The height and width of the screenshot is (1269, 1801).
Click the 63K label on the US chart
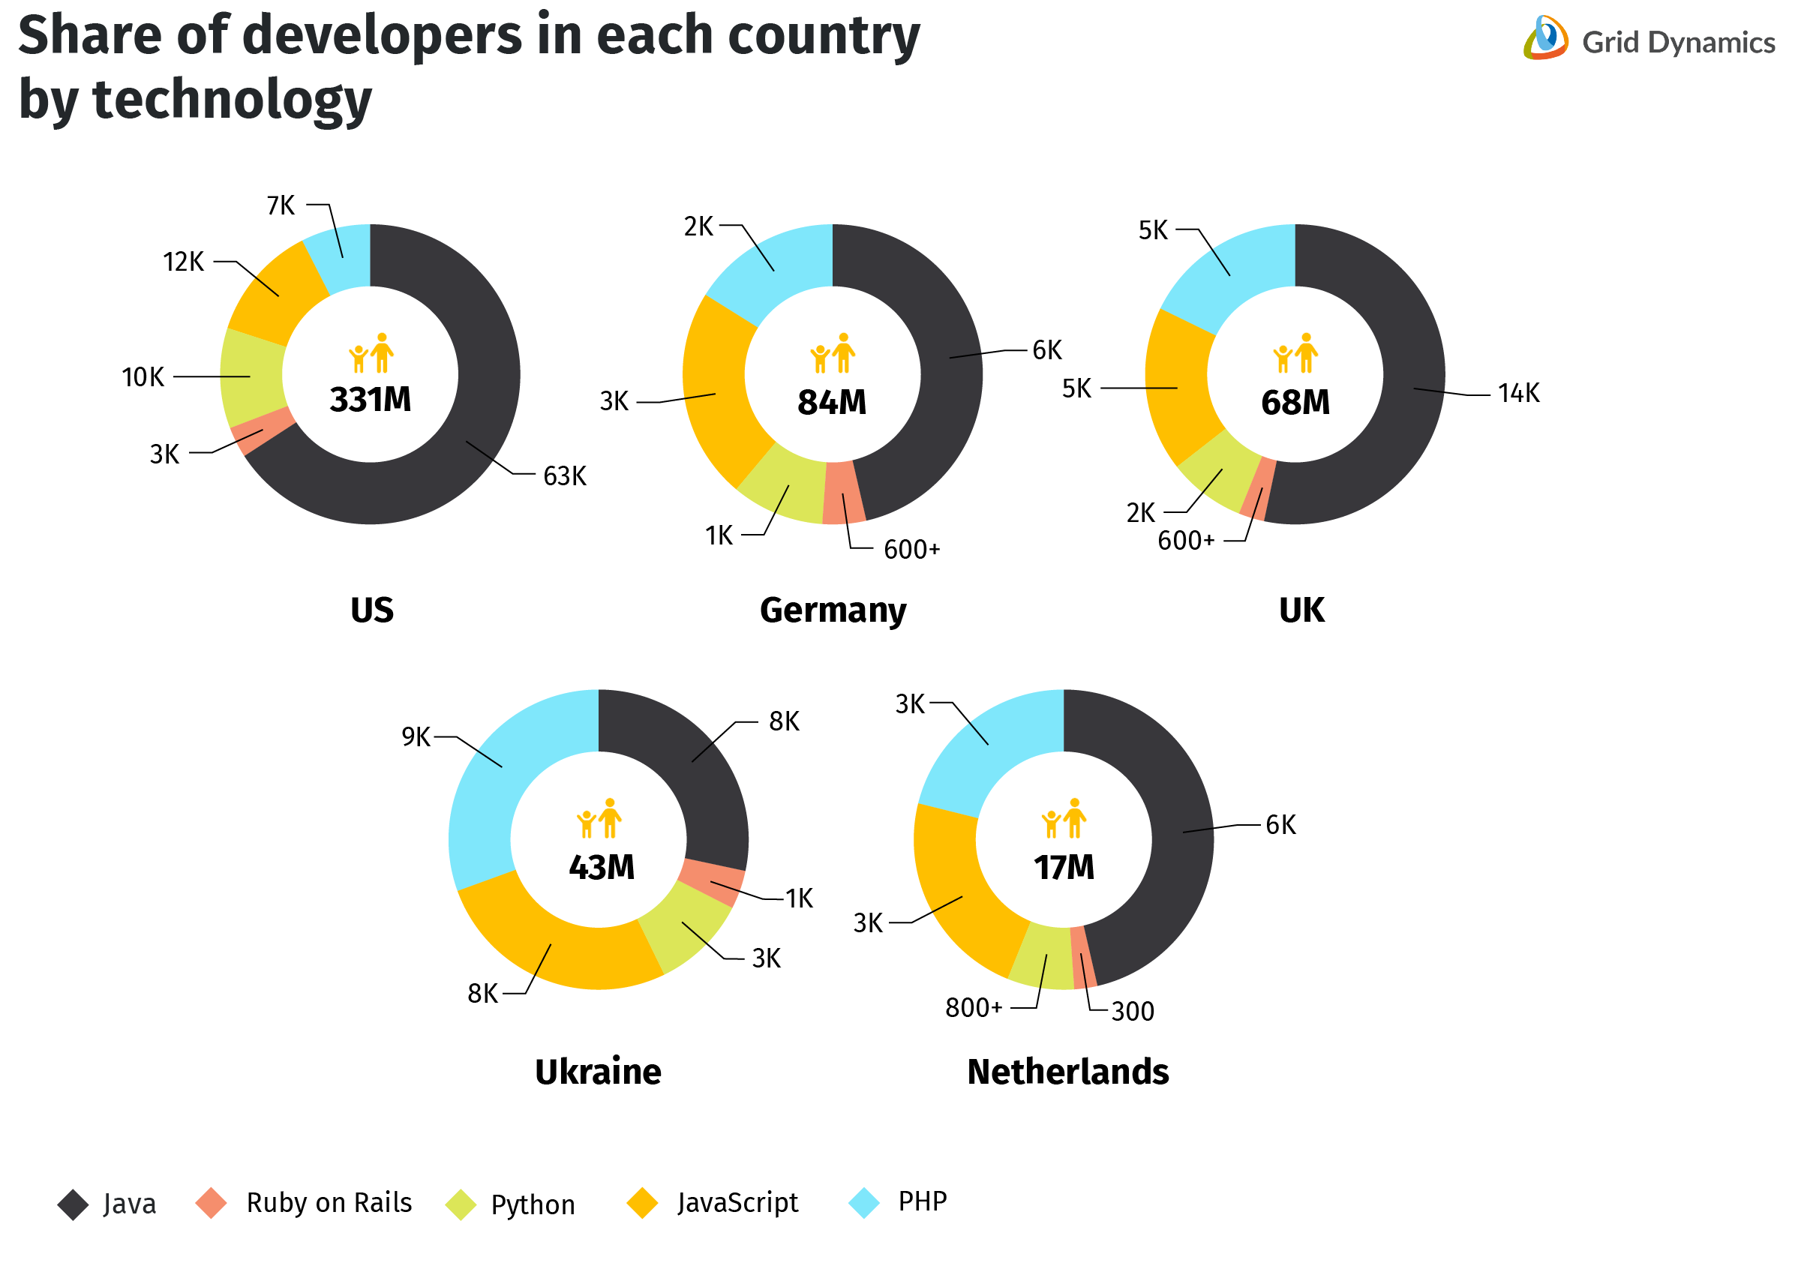[565, 476]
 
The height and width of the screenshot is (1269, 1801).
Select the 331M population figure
[371, 400]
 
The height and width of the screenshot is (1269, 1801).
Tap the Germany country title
[833, 610]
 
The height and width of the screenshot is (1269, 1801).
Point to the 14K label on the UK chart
[1519, 393]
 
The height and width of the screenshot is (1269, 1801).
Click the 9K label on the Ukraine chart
[416, 737]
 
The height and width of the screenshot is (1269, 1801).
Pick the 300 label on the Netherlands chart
[1133, 1012]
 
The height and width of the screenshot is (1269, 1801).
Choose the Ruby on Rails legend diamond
[211, 1203]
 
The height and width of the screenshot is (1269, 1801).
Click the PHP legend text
[923, 1201]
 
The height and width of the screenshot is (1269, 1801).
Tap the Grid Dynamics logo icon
[1545, 37]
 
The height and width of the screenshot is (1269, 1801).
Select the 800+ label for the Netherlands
[974, 1008]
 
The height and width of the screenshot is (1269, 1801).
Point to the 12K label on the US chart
[183, 262]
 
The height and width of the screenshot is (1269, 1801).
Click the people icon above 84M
[833, 354]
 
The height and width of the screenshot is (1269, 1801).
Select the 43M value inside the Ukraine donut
[602, 868]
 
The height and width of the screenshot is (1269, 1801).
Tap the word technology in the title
[233, 100]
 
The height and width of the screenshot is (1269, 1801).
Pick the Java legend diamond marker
[73, 1204]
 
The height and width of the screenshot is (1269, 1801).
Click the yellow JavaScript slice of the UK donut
[1177, 388]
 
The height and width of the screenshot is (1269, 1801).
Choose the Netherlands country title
[1067, 1072]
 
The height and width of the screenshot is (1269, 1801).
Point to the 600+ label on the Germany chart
[911, 550]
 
